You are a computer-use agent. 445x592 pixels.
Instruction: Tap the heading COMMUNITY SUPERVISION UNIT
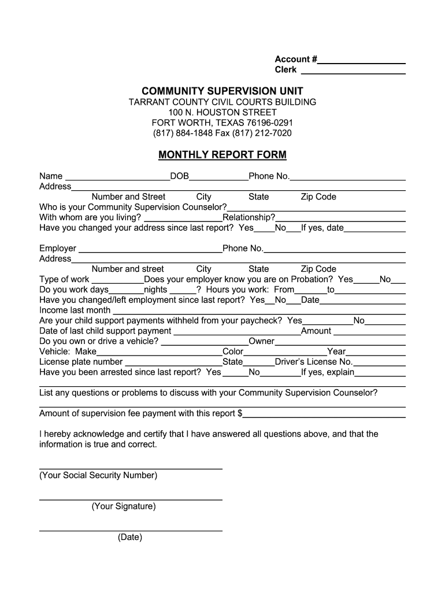(222, 91)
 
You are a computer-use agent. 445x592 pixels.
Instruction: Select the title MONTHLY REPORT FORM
(222, 155)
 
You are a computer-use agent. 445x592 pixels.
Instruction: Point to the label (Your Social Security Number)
(98, 475)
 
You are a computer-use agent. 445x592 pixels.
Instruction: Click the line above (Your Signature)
(131, 498)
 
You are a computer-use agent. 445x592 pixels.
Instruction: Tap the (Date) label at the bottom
(130, 537)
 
